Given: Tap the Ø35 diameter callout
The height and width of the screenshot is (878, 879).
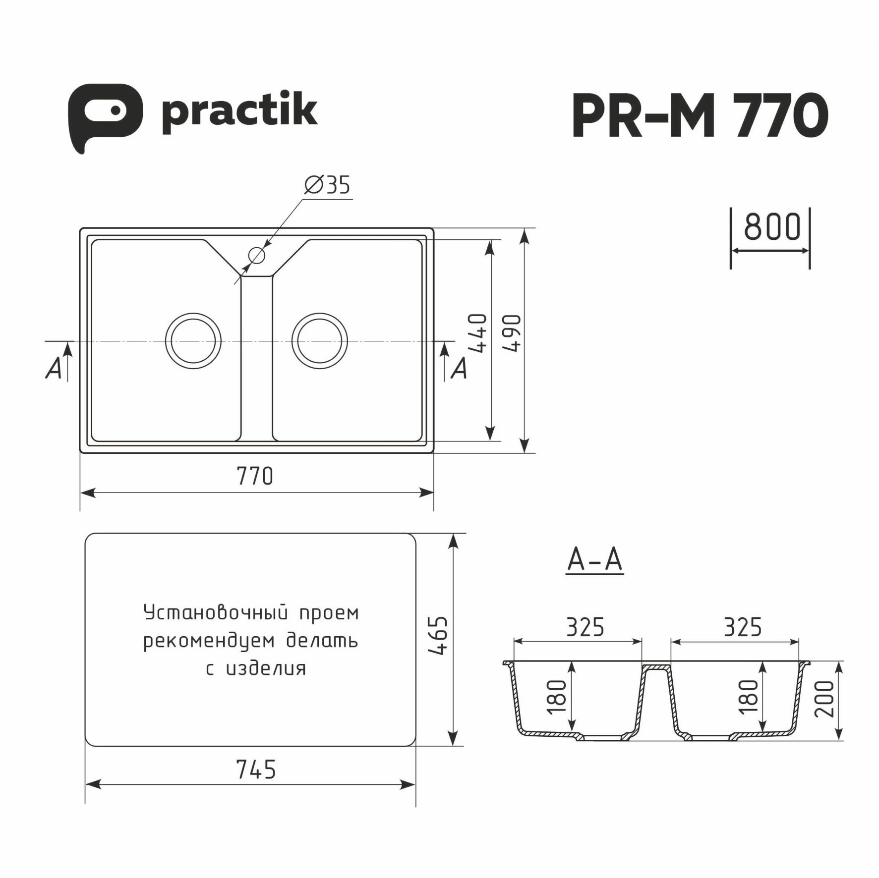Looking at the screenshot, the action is pos(327,185).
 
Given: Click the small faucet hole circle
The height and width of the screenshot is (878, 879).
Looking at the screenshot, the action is pos(257,256).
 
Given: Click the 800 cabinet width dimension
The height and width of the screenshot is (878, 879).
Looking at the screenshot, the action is pos(772,227).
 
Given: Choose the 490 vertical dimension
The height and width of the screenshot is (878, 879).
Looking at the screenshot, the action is pos(512,333).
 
